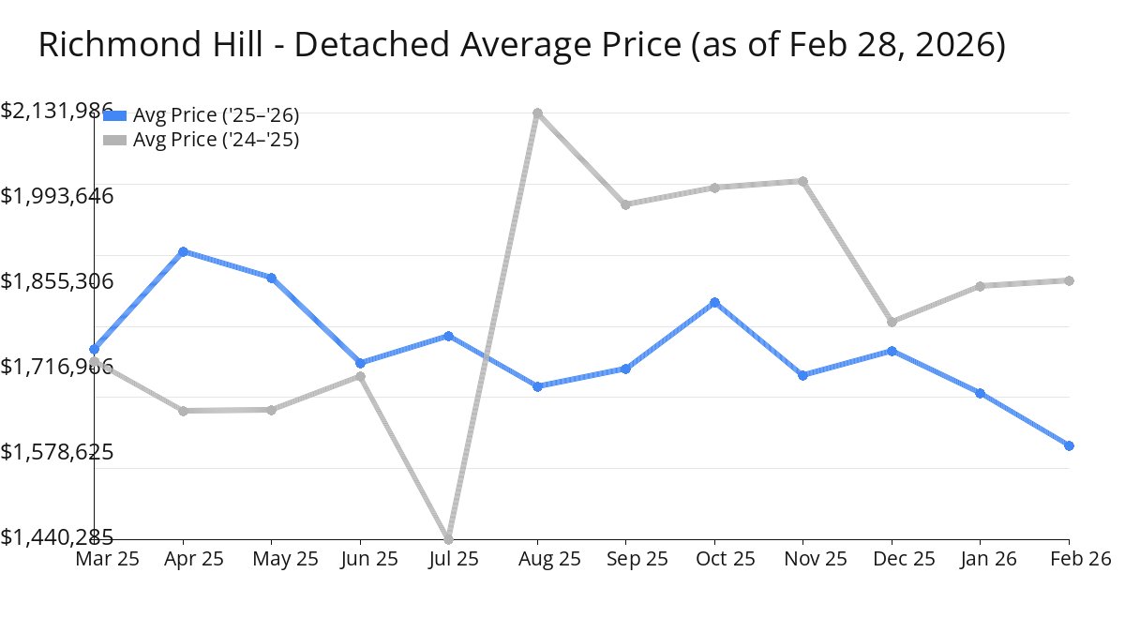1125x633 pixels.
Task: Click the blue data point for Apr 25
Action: tap(183, 251)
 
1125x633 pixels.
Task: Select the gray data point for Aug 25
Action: tap(537, 113)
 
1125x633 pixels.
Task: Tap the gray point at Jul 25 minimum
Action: tap(448, 538)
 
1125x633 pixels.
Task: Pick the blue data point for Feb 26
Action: tap(1069, 445)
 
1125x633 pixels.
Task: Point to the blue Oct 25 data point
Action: tap(714, 302)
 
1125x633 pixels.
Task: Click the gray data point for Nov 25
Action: tap(802, 181)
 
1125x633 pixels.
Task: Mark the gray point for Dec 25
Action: tap(892, 322)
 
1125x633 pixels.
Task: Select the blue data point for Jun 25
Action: tap(360, 363)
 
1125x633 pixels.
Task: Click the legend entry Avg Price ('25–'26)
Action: tap(216, 115)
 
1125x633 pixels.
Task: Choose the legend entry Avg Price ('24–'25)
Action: tap(216, 140)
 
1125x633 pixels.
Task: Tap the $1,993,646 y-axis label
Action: tap(57, 196)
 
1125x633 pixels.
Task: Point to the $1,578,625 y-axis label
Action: tap(57, 452)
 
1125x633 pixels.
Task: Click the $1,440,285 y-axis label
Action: tap(57, 537)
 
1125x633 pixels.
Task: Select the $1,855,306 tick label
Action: tap(57, 281)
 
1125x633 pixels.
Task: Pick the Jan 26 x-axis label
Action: tap(981, 559)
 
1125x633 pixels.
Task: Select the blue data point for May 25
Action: tap(271, 278)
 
